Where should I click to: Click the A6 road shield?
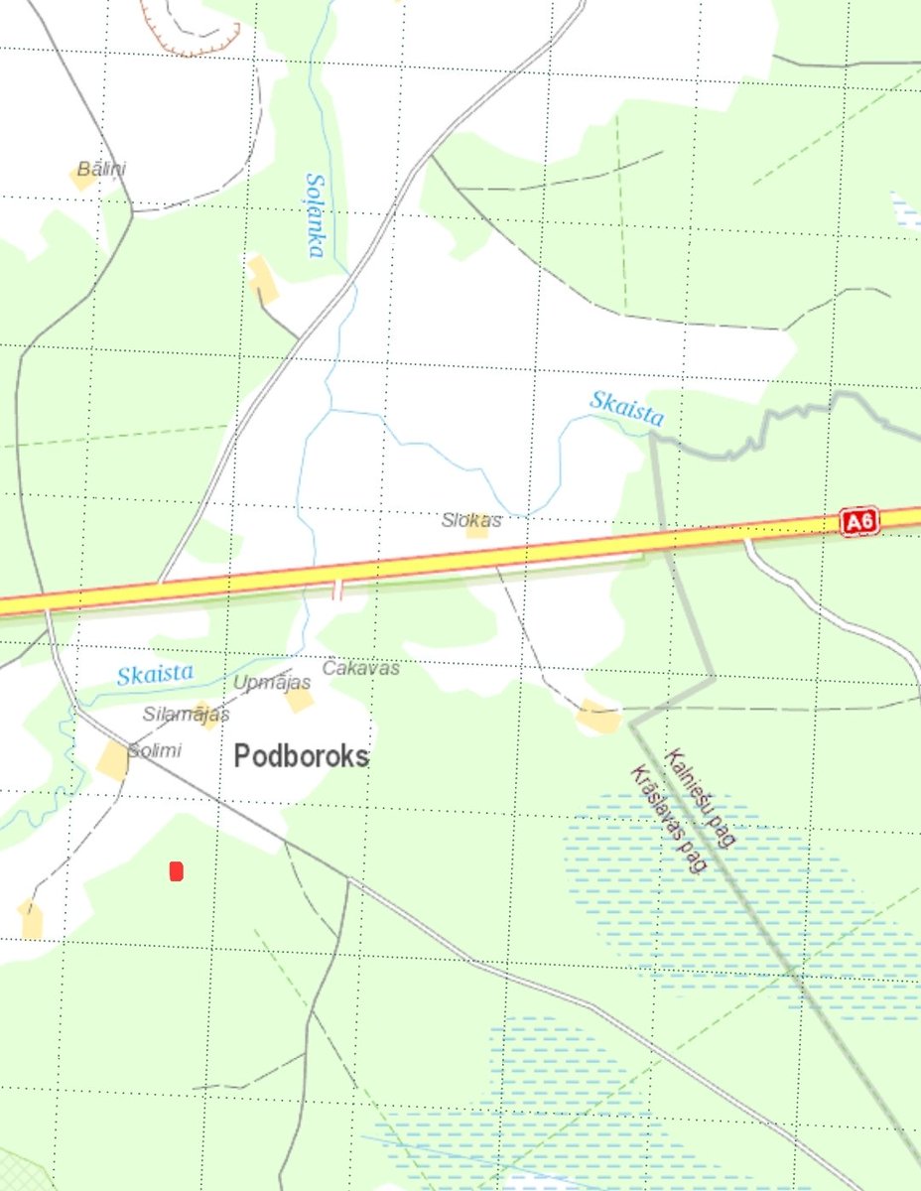pyautogui.click(x=859, y=522)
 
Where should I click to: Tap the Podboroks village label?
pyautogui.click(x=302, y=756)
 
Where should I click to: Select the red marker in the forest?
pyautogui.click(x=177, y=871)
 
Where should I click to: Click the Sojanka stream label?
pyautogui.click(x=316, y=215)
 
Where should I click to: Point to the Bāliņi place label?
pyautogui.click(x=102, y=169)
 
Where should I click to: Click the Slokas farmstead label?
pyautogui.click(x=471, y=519)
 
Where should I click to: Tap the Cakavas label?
pyautogui.click(x=361, y=668)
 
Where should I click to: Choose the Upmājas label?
pyautogui.click(x=272, y=682)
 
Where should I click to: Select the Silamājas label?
pyautogui.click(x=186, y=714)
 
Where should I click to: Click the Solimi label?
pyautogui.click(x=155, y=750)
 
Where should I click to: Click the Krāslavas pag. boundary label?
pyautogui.click(x=670, y=819)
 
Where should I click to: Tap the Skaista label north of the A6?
pyautogui.click(x=626, y=408)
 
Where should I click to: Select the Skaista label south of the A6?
pyautogui.click(x=155, y=675)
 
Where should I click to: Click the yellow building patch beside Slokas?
pyautogui.click(x=478, y=529)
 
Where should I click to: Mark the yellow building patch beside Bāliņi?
pyautogui.click(x=81, y=179)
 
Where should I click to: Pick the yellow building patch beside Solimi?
pyautogui.click(x=113, y=760)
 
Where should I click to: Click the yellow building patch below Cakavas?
pyautogui.click(x=299, y=700)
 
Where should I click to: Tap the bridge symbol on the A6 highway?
pyautogui.click(x=336, y=591)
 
